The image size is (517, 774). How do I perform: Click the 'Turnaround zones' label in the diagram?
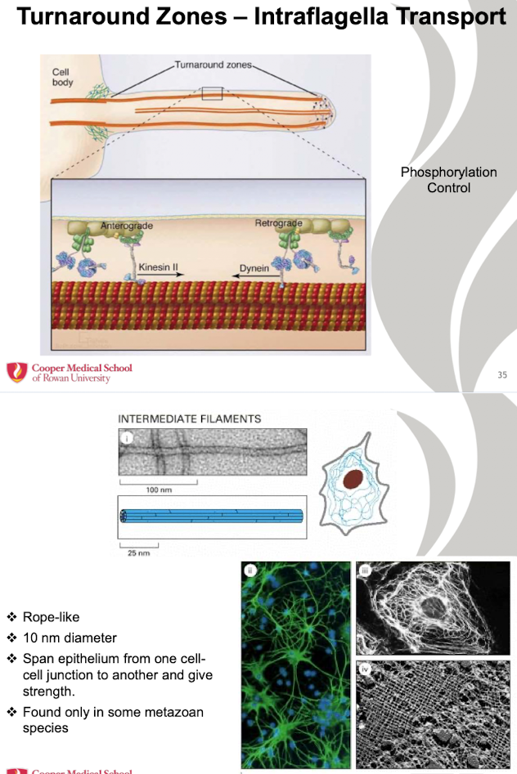[214, 65]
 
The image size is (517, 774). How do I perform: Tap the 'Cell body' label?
[62, 77]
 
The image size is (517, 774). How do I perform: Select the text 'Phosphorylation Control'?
[448, 180]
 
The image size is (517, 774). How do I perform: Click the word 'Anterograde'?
[127, 226]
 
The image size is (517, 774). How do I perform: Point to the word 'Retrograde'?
[279, 224]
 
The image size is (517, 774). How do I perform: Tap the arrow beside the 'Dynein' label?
[250, 278]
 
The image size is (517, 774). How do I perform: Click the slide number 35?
[502, 374]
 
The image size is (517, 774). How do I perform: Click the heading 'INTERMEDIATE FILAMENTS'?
[190, 418]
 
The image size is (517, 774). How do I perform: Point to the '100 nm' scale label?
[159, 490]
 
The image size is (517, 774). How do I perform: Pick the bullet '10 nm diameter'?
[70, 638]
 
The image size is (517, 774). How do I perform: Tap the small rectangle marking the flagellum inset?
[213, 93]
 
